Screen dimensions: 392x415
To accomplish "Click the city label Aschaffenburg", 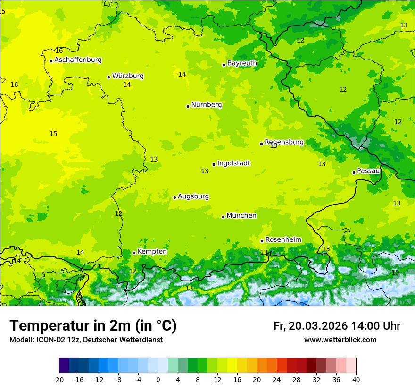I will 78,60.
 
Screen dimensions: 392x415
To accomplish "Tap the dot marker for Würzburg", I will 108,77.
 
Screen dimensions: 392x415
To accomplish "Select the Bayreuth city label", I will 242,63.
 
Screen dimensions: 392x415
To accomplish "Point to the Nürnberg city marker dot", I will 188,106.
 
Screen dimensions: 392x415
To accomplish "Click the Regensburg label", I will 284,142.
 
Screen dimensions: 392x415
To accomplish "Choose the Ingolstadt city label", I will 233,163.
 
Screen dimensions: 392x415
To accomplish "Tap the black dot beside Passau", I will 354,172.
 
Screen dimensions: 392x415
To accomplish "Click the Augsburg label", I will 193,196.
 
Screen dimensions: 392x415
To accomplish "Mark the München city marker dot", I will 223,217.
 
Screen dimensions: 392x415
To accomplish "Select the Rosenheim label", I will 283,239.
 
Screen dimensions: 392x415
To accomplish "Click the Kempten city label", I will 152,251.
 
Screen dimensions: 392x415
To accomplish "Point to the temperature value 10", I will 395,273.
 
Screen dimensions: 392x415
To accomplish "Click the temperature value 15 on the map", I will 53,134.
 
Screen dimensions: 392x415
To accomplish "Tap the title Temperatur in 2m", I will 93,326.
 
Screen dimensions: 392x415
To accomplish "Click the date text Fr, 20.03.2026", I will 310,326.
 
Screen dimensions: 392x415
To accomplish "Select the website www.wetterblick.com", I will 340,340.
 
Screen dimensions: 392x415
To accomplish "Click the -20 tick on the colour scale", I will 58,379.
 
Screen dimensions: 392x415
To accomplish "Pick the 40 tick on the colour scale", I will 356,379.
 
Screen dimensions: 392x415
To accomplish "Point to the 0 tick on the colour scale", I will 158,379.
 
